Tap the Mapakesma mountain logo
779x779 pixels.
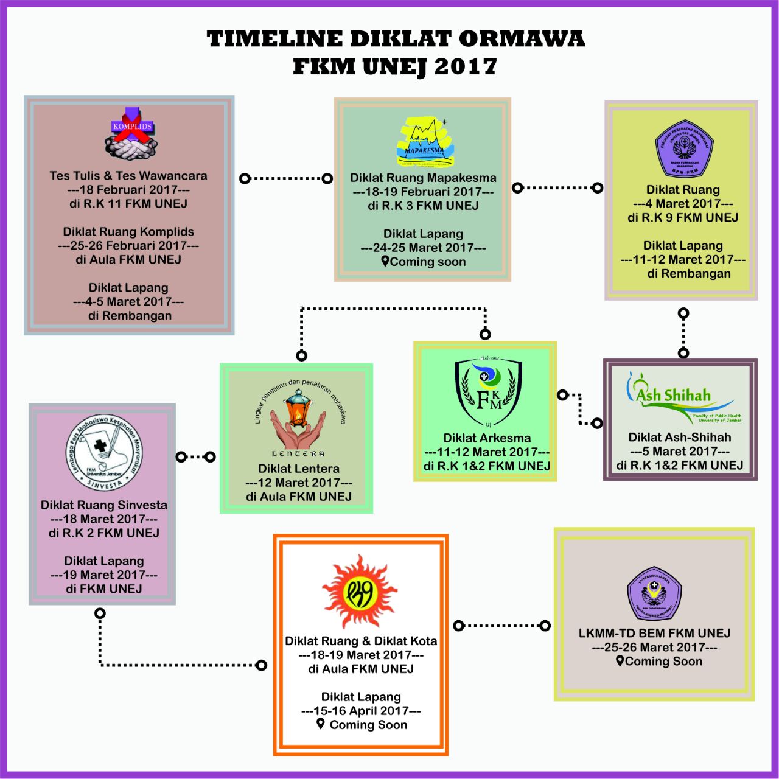(424, 142)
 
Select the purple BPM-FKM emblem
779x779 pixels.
(683, 149)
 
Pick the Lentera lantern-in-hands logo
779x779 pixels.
(298, 420)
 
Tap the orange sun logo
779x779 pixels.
(360, 592)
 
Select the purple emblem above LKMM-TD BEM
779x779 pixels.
(654, 593)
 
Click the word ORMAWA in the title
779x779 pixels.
(522, 39)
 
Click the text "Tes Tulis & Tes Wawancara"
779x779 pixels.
(128, 176)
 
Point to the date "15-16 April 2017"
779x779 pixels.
(361, 711)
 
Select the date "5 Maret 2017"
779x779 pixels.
(679, 452)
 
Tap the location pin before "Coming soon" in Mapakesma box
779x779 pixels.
(385, 261)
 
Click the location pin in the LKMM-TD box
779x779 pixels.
(620, 661)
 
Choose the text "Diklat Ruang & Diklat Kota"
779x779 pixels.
(361, 641)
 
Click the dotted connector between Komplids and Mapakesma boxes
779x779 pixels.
(286, 178)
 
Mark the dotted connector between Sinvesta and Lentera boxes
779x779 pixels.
(195, 456)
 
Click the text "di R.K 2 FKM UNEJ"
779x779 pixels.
(104, 533)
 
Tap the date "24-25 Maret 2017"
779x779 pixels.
(423, 248)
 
